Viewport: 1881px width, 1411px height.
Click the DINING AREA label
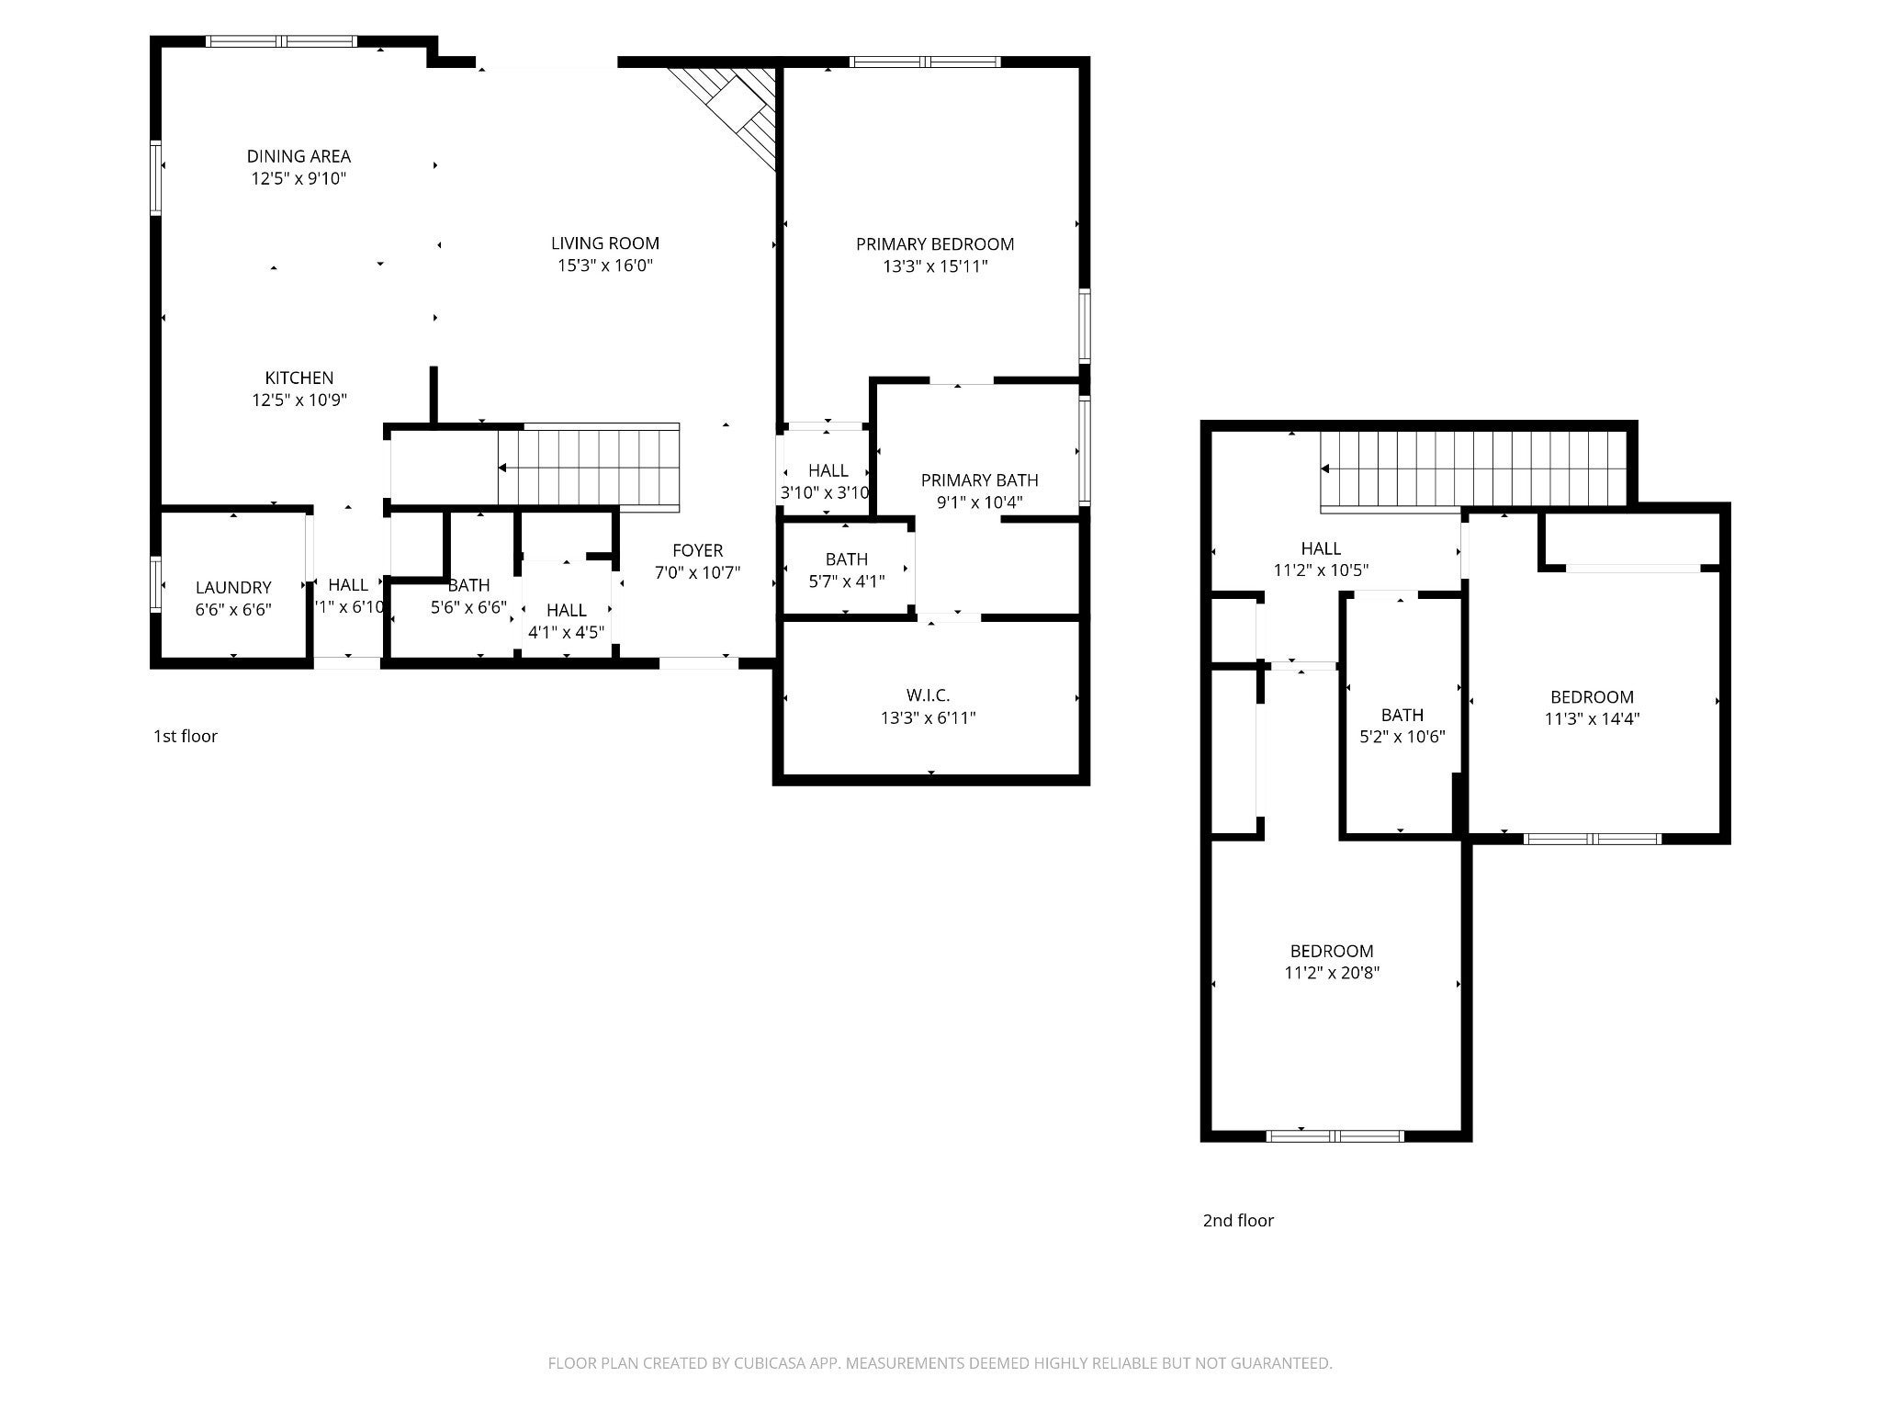[298, 156]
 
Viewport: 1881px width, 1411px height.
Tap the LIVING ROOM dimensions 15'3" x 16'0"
[605, 265]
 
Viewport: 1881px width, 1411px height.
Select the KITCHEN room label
[299, 378]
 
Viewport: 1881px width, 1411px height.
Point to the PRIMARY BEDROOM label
[935, 244]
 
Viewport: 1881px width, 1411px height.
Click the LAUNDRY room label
[233, 587]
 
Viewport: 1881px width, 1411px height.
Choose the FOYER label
[698, 550]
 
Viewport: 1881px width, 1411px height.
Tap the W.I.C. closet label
[929, 695]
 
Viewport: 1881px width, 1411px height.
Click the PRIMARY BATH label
[980, 480]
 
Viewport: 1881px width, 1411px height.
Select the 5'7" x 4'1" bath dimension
[847, 581]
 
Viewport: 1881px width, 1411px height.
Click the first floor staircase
[588, 468]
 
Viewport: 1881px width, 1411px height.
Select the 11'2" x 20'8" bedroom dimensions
[1332, 973]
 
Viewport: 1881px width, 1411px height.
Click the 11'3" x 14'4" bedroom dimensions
[1593, 718]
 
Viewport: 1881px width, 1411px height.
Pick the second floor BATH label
[1402, 715]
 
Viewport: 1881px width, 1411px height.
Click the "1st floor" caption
[186, 736]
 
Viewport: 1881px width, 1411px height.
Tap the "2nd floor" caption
[1238, 1220]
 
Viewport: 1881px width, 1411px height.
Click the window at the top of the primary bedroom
[925, 62]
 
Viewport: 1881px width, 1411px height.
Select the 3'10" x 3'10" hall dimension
[825, 492]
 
